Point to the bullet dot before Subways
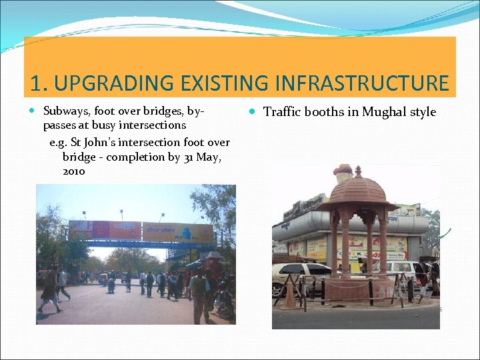click(34, 111)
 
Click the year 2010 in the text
click(73, 171)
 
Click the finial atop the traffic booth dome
click(358, 171)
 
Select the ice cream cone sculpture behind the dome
click(343, 175)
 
